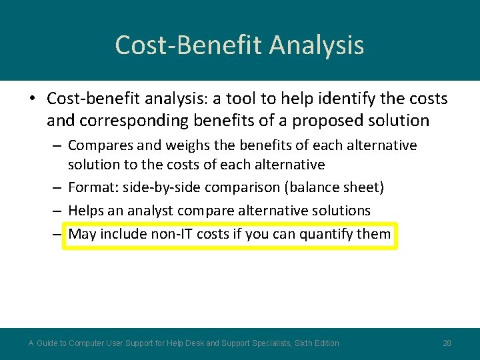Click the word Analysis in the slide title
[317, 45]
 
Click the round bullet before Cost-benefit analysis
[32, 99]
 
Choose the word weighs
[162, 145]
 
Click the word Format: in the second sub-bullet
[93, 187]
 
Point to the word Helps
[86, 211]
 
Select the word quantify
[327, 234]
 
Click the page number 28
[447, 343]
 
